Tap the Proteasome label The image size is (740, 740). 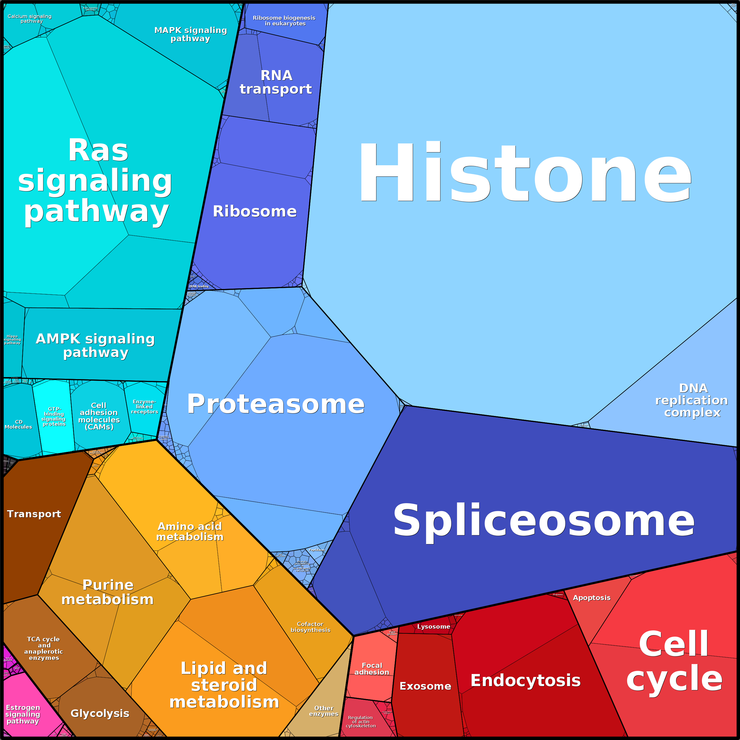pyautogui.click(x=276, y=404)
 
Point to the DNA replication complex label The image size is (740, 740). pyautogui.click(x=692, y=400)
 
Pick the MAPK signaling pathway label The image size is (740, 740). pyautogui.click(x=190, y=34)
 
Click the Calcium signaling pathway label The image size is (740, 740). pyautogui.click(x=30, y=18)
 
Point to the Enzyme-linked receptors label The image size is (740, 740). pyautogui.click(x=144, y=407)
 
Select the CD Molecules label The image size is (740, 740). pyautogui.click(x=18, y=424)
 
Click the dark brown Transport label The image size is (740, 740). pyautogui.click(x=34, y=514)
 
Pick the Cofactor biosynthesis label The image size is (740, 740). pyautogui.click(x=310, y=627)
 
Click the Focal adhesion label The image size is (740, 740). pyautogui.click(x=371, y=669)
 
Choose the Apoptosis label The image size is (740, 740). pyautogui.click(x=592, y=598)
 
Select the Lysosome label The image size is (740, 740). pyautogui.click(x=434, y=627)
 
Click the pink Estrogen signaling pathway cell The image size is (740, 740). pyautogui.click(x=23, y=714)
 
